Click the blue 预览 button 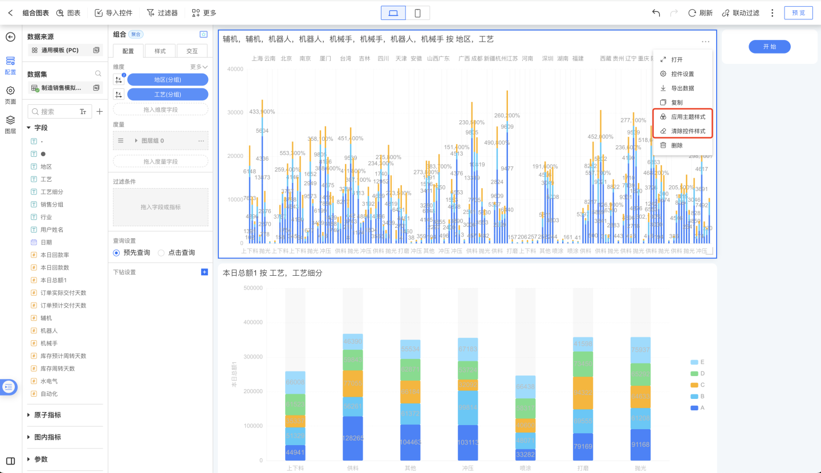[x=798, y=13]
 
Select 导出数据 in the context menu [x=682, y=88]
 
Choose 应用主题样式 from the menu [x=688, y=117]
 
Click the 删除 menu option [x=677, y=145]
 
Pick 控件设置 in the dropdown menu [x=682, y=74]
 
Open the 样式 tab [x=160, y=51]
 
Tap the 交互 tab [x=192, y=51]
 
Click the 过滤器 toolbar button [x=162, y=13]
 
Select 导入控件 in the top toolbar [x=113, y=13]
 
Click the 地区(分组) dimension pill [x=168, y=80]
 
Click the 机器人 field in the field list [x=49, y=331]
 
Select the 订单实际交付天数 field [x=63, y=293]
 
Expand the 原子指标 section [x=47, y=415]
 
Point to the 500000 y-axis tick [x=253, y=288]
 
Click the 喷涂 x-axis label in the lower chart [x=525, y=468]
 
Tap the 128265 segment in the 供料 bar [x=353, y=438]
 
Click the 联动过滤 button [x=741, y=13]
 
